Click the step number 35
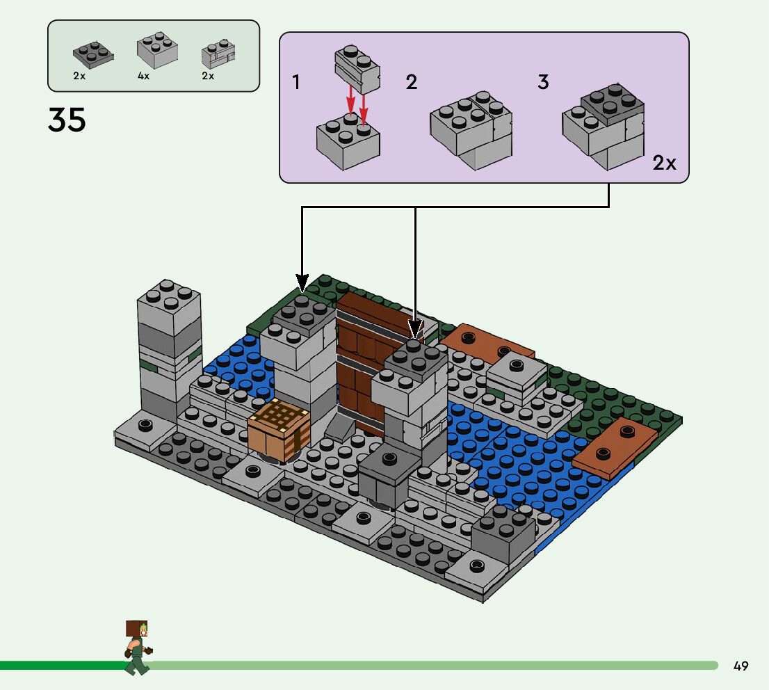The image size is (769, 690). point(67,120)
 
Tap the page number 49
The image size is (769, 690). point(740,666)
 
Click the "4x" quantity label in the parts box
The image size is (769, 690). point(144,76)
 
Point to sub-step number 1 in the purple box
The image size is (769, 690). point(296,83)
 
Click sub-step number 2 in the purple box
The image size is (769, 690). point(412,83)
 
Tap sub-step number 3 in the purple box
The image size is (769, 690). point(543,82)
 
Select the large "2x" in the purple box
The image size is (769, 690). point(664,163)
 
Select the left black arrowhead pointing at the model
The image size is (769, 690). point(302,282)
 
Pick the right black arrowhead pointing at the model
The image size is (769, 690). point(415,328)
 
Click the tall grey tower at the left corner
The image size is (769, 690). point(169,348)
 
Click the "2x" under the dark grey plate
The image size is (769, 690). point(79,76)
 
